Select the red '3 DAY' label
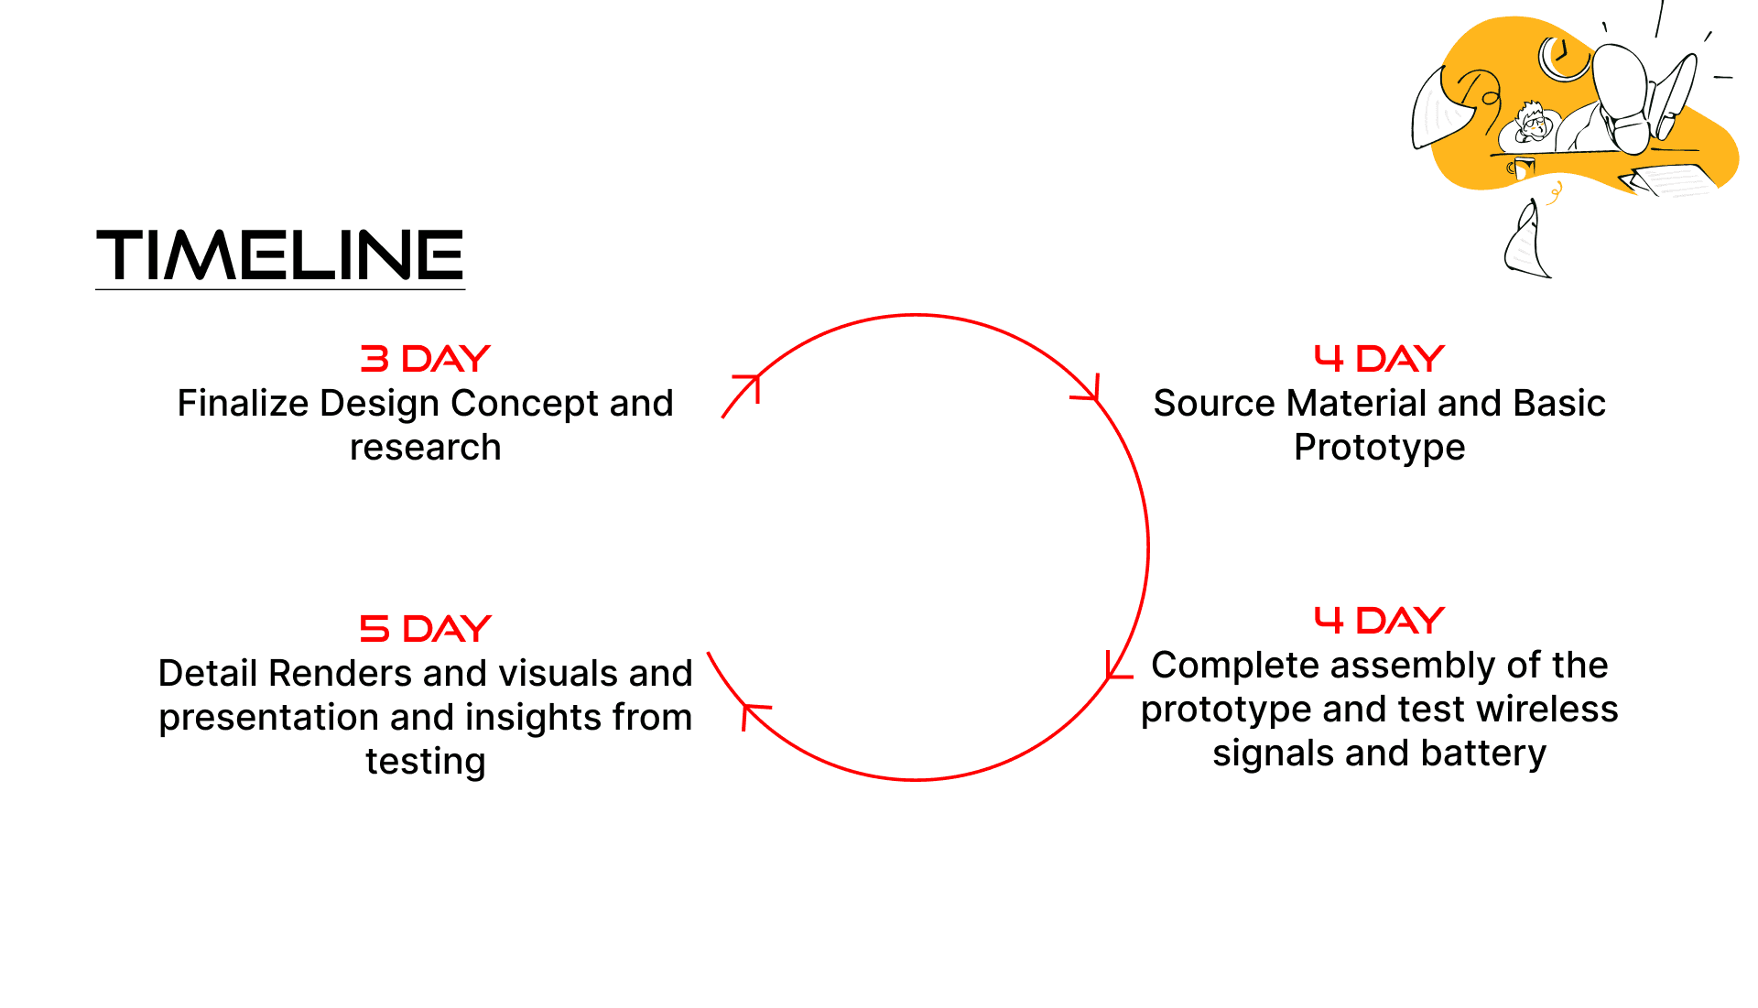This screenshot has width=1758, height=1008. (x=425, y=359)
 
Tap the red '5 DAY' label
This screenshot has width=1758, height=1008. (x=425, y=629)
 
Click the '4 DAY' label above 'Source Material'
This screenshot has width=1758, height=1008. (x=1379, y=359)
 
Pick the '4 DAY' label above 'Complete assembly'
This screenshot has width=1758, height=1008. (x=1379, y=621)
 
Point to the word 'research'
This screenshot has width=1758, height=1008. (x=425, y=448)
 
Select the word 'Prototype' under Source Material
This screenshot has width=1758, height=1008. (x=1379, y=448)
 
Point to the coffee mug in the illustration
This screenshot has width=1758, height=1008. (x=1522, y=168)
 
